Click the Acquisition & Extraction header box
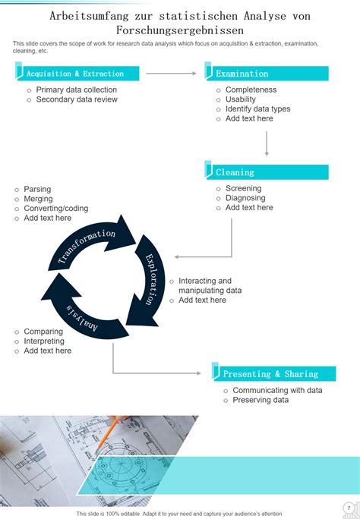(x=77, y=73)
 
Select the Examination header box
(x=267, y=73)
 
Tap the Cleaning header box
(x=267, y=171)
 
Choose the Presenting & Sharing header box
(x=274, y=373)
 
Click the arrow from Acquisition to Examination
(x=171, y=73)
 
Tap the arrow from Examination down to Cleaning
(x=267, y=143)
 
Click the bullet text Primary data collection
(x=77, y=90)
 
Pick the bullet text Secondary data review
(x=77, y=99)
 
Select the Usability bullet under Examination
(x=241, y=99)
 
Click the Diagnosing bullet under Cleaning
(x=245, y=198)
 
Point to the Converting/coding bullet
(x=56, y=209)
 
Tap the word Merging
(x=38, y=199)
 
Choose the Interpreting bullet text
(x=44, y=341)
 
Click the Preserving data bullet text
(x=261, y=400)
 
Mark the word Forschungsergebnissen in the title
(x=180, y=30)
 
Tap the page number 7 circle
(x=349, y=508)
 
